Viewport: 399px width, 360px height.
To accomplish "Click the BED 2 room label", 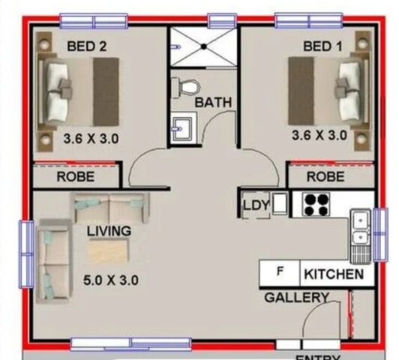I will click(x=87, y=46).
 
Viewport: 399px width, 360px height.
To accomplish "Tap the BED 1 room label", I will click(x=322, y=46).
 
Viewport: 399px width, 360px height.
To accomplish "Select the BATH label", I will click(x=214, y=103).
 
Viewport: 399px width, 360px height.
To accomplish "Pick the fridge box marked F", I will click(x=280, y=271).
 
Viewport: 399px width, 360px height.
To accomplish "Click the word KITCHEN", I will click(x=334, y=274).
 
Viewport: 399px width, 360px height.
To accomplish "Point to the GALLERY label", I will click(x=296, y=298).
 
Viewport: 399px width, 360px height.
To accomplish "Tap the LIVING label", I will click(x=108, y=231).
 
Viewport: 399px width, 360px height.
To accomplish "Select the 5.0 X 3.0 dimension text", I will click(x=111, y=281).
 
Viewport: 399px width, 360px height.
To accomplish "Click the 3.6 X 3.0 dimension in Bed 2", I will click(x=91, y=138).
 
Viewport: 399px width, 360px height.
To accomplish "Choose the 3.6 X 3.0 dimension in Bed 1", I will click(x=319, y=136).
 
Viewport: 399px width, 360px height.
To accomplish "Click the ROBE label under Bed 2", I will click(x=76, y=178).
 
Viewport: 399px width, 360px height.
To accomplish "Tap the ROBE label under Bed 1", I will click(x=326, y=178).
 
